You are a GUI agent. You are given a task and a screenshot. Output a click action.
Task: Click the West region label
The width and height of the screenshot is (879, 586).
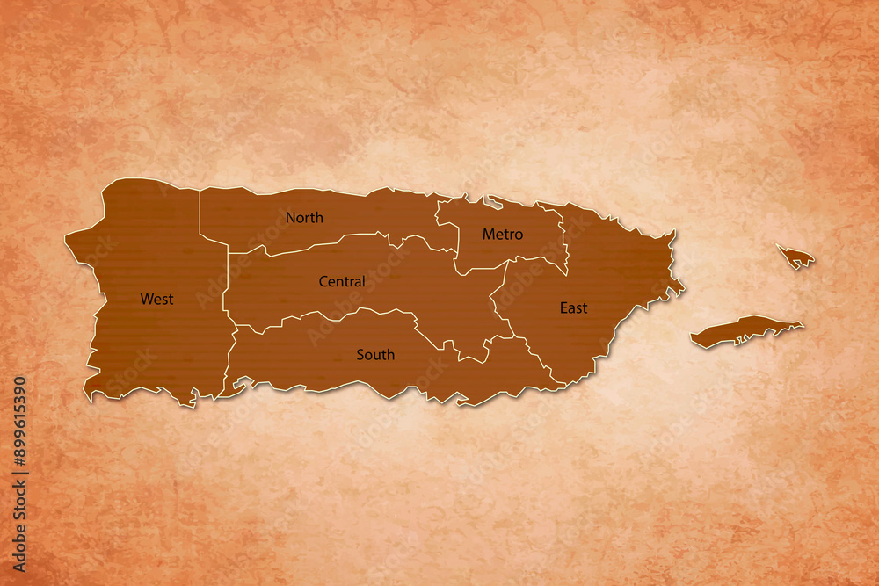pos(156,299)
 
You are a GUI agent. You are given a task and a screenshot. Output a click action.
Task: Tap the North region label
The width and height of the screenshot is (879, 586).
pos(304,217)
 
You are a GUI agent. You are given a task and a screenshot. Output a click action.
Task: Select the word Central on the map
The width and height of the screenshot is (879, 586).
pos(342,281)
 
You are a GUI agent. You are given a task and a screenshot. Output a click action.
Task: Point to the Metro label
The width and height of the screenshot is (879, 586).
pos(503,234)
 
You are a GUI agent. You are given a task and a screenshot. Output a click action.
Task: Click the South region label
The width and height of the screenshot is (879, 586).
pos(375,354)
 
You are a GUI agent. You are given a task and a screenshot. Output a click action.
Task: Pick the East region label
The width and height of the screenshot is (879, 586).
pos(573,307)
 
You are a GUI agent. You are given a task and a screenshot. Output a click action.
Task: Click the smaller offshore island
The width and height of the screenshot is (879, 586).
pos(796,257)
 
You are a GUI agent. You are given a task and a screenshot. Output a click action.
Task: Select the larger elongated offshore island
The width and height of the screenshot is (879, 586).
pos(745,330)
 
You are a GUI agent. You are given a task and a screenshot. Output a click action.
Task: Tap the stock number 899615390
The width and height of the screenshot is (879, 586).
pos(19,421)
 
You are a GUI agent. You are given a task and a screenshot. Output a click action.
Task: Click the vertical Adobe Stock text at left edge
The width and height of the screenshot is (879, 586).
pos(19,518)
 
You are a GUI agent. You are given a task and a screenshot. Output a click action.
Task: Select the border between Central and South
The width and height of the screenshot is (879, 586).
pos(352,312)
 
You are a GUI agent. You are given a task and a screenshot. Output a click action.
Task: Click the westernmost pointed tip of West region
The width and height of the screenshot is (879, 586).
pos(66,236)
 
